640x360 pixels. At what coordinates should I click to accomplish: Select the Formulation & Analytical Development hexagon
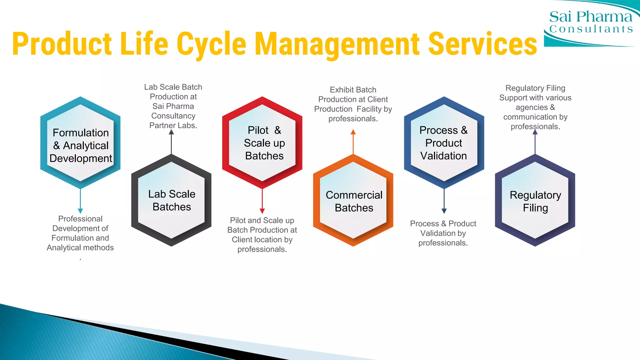(81, 143)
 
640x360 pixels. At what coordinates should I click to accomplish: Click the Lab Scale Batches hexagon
(172, 200)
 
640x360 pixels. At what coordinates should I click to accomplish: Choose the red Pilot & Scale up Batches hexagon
(262, 143)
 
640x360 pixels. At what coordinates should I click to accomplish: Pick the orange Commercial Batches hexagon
(353, 201)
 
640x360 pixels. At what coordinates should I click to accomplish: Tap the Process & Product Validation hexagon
(444, 143)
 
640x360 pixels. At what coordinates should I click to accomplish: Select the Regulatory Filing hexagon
(535, 201)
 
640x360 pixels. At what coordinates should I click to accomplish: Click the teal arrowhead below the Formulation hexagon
(80, 211)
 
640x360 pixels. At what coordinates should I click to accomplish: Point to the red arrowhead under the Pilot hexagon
(262, 211)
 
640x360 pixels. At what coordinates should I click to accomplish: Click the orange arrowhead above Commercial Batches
(353, 132)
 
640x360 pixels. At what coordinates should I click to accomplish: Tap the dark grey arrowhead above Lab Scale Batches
(171, 132)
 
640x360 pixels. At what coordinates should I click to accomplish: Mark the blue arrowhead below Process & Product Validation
(444, 211)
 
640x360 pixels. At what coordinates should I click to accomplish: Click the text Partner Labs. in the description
(173, 126)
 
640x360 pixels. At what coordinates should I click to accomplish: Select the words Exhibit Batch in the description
(353, 90)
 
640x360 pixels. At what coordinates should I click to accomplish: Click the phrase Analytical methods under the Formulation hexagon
(80, 248)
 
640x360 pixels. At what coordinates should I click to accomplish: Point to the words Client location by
(262, 240)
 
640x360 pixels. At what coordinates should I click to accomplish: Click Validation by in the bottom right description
(443, 233)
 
